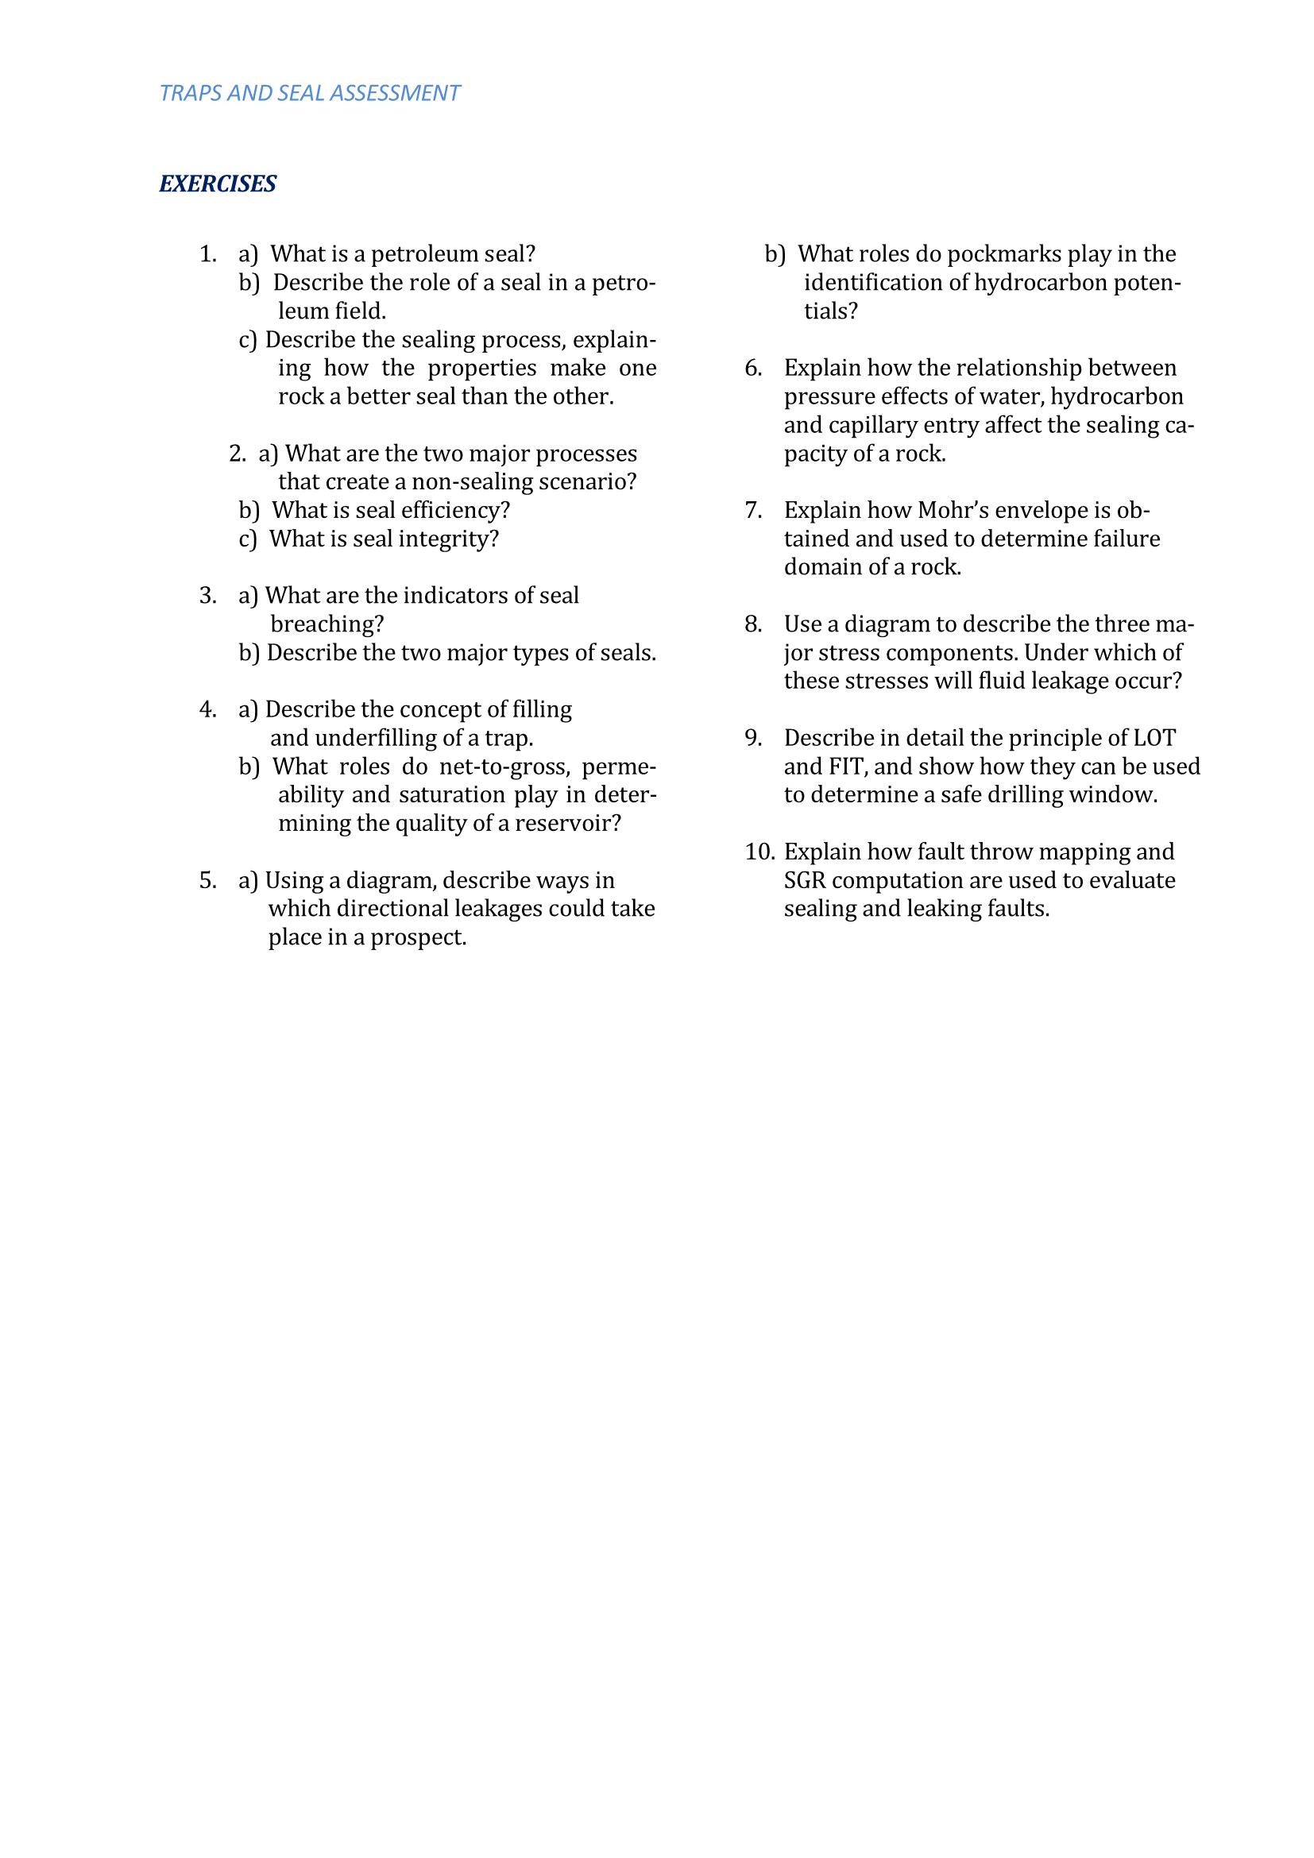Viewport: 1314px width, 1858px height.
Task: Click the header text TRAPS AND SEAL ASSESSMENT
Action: tap(309, 93)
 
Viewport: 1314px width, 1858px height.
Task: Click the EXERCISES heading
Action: tap(218, 183)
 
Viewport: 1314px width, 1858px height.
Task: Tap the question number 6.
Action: tap(753, 369)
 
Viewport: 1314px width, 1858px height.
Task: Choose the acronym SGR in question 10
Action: tap(804, 880)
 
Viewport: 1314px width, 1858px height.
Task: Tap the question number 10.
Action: tap(759, 852)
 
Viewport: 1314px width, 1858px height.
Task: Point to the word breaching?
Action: tap(327, 624)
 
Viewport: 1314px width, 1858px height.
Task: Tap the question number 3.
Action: tap(208, 596)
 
